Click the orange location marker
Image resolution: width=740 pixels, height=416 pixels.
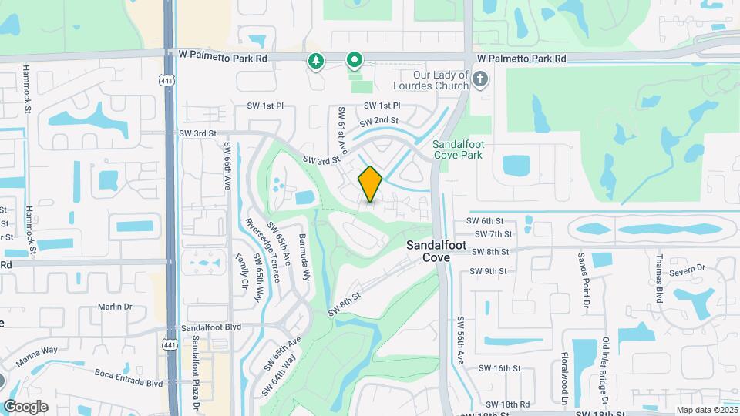[x=370, y=184]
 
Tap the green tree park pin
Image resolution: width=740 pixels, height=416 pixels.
[x=315, y=61]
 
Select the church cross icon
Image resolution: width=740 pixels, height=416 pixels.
[x=480, y=79]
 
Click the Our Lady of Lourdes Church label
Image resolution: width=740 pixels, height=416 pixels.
[x=430, y=80]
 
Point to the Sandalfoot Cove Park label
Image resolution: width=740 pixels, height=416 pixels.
[x=457, y=149]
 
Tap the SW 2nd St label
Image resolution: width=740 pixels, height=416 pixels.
[x=378, y=122]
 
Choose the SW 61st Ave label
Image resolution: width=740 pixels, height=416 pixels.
[x=340, y=130]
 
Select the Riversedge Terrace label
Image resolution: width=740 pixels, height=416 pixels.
[x=260, y=244]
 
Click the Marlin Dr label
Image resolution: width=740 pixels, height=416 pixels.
[x=116, y=307]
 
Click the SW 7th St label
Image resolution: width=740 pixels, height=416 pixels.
[x=493, y=234]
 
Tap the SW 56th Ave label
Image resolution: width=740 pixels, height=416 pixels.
[x=459, y=340]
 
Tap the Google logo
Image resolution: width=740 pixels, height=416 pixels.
[x=25, y=407]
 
